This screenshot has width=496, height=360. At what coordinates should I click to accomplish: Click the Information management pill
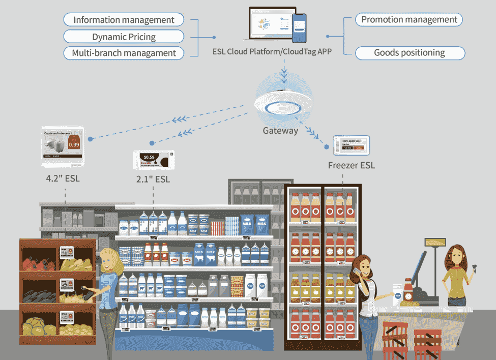(x=124, y=20)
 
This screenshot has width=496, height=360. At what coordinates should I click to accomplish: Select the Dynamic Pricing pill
(x=124, y=37)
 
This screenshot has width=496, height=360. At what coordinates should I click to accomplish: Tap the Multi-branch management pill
(x=124, y=53)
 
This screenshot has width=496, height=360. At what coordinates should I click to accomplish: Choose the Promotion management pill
(x=409, y=20)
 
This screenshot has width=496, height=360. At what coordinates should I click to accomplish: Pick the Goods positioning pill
(x=409, y=52)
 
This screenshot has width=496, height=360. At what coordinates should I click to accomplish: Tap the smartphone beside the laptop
(x=300, y=28)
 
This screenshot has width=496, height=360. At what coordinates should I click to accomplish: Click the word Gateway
(x=280, y=131)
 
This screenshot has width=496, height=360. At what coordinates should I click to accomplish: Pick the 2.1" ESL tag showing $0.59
(x=154, y=160)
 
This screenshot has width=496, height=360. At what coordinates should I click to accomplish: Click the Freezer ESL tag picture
(x=351, y=145)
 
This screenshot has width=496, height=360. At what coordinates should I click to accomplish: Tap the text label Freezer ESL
(x=351, y=165)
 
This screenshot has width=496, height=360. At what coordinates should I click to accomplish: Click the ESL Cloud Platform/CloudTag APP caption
(x=272, y=52)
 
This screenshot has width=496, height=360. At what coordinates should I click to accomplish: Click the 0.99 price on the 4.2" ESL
(x=74, y=145)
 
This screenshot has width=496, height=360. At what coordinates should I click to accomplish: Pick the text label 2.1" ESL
(x=154, y=179)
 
